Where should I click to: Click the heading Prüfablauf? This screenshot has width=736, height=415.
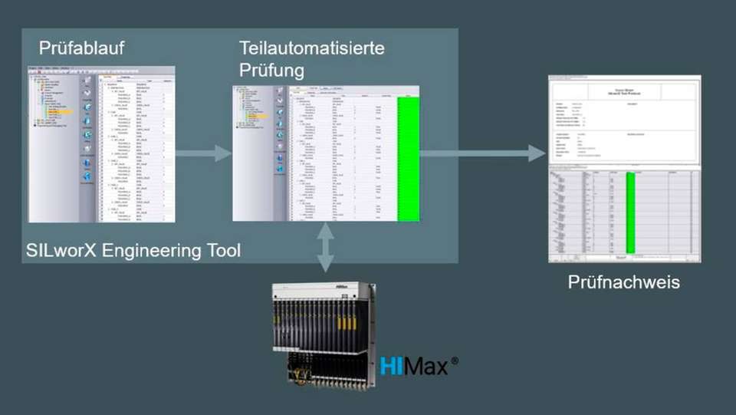(81, 50)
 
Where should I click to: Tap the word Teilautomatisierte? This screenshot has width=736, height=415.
(311, 48)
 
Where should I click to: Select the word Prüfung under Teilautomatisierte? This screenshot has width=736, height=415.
(271, 71)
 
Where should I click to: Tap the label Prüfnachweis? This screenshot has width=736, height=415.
(623, 282)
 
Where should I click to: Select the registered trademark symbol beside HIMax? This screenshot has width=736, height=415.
(455, 357)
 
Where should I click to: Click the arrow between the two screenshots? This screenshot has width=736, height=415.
(203, 153)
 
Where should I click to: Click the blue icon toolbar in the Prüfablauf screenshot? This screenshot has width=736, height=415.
(87, 130)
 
